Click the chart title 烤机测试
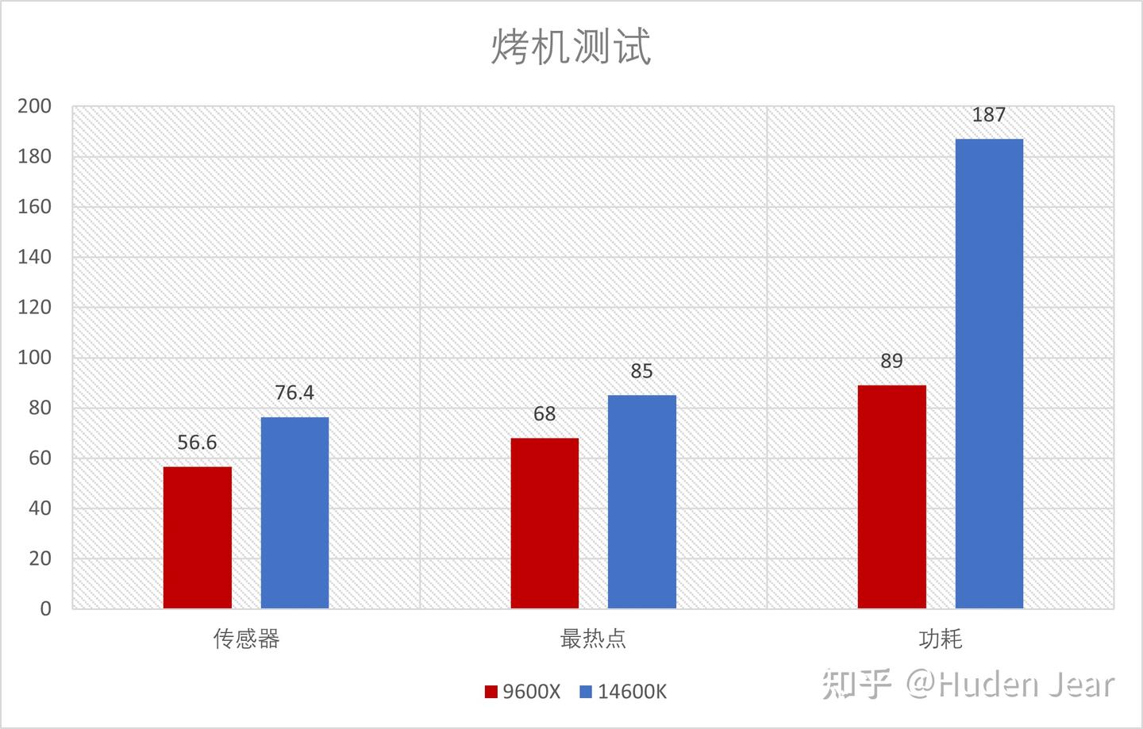(571, 47)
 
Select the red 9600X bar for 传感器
(198, 537)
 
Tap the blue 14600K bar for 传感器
(295, 513)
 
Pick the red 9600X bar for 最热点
(545, 523)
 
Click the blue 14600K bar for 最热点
(642, 501)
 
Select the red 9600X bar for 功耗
(892, 497)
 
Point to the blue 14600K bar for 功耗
(989, 374)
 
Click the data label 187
(988, 115)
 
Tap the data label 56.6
(197, 443)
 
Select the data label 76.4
(294, 393)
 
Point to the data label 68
(545, 413)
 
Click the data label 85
(641, 371)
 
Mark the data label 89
(891, 361)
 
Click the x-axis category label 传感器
(246, 639)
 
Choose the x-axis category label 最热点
(593, 639)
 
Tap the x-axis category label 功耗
(941, 639)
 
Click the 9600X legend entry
(522, 692)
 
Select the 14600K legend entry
(623, 692)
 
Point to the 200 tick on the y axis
(35, 106)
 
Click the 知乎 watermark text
(856, 684)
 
